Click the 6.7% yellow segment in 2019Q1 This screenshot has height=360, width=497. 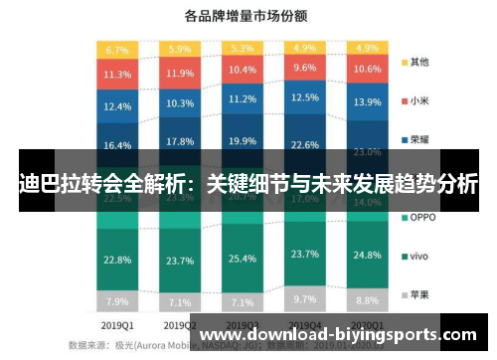point(117,49)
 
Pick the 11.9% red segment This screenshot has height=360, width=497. point(180,73)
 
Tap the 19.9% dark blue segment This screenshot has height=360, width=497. point(243,140)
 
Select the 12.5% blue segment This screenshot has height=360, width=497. point(305,98)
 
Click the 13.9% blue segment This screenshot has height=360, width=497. point(368,102)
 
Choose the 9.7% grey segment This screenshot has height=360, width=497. point(305,298)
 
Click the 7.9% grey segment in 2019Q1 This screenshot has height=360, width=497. point(117,301)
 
